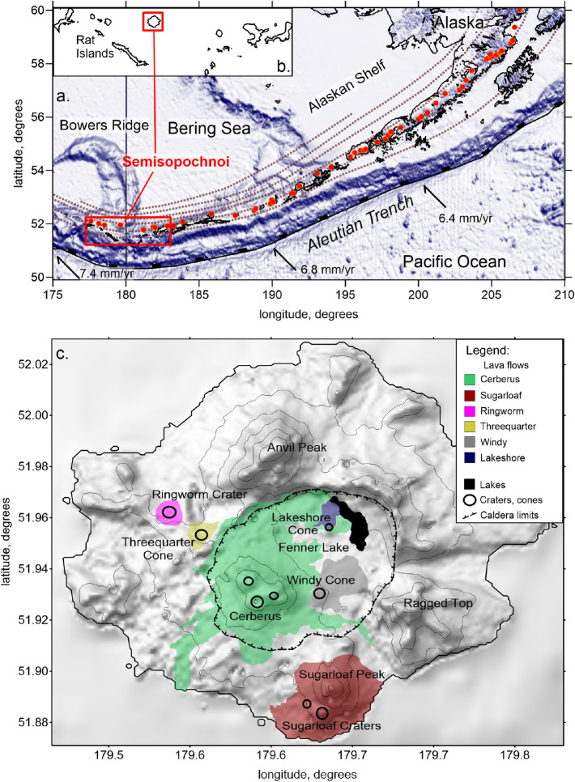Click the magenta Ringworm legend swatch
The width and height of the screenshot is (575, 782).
click(468, 412)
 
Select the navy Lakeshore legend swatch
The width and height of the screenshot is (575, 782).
click(468, 459)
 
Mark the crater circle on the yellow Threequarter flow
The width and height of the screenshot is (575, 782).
click(201, 534)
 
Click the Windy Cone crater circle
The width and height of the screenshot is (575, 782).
click(320, 593)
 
